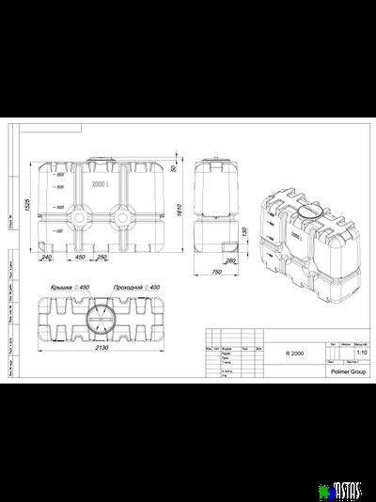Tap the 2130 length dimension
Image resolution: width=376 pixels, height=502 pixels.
101,348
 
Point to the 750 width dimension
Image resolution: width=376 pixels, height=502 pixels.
214,272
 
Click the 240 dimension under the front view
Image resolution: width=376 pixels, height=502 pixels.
45,258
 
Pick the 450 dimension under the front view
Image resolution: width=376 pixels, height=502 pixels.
80,258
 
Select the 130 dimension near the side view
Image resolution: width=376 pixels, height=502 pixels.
243,232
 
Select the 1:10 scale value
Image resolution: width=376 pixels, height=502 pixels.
352,354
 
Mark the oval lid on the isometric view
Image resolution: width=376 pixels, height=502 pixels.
307,211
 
